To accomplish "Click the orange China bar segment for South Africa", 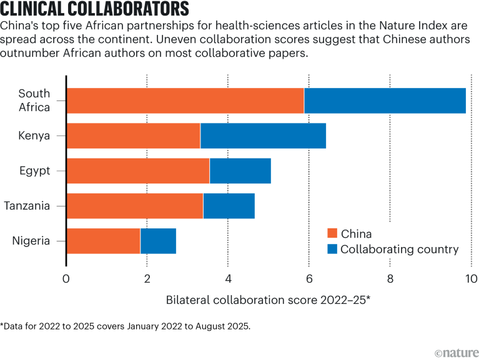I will [185, 100].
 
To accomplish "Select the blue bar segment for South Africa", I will [385, 100].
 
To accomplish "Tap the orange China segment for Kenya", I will [133, 135].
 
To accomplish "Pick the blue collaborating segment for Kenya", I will [263, 135].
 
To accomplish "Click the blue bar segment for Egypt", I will [240, 171].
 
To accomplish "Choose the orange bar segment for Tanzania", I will [135, 206].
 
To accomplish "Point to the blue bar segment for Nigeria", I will [158, 241].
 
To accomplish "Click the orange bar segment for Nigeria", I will [103, 241].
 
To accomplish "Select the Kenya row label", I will [35, 135].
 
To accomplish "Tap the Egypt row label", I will [35, 171].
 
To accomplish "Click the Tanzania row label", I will [27, 206].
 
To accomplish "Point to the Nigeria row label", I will [31, 241].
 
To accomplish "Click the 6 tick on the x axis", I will [309, 279].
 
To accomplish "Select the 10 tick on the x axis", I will [471, 279].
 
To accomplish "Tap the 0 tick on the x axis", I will [66, 279].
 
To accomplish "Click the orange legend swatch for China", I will [333, 234].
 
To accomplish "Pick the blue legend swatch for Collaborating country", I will [333, 250].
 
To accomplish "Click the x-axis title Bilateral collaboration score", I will [269, 299].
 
